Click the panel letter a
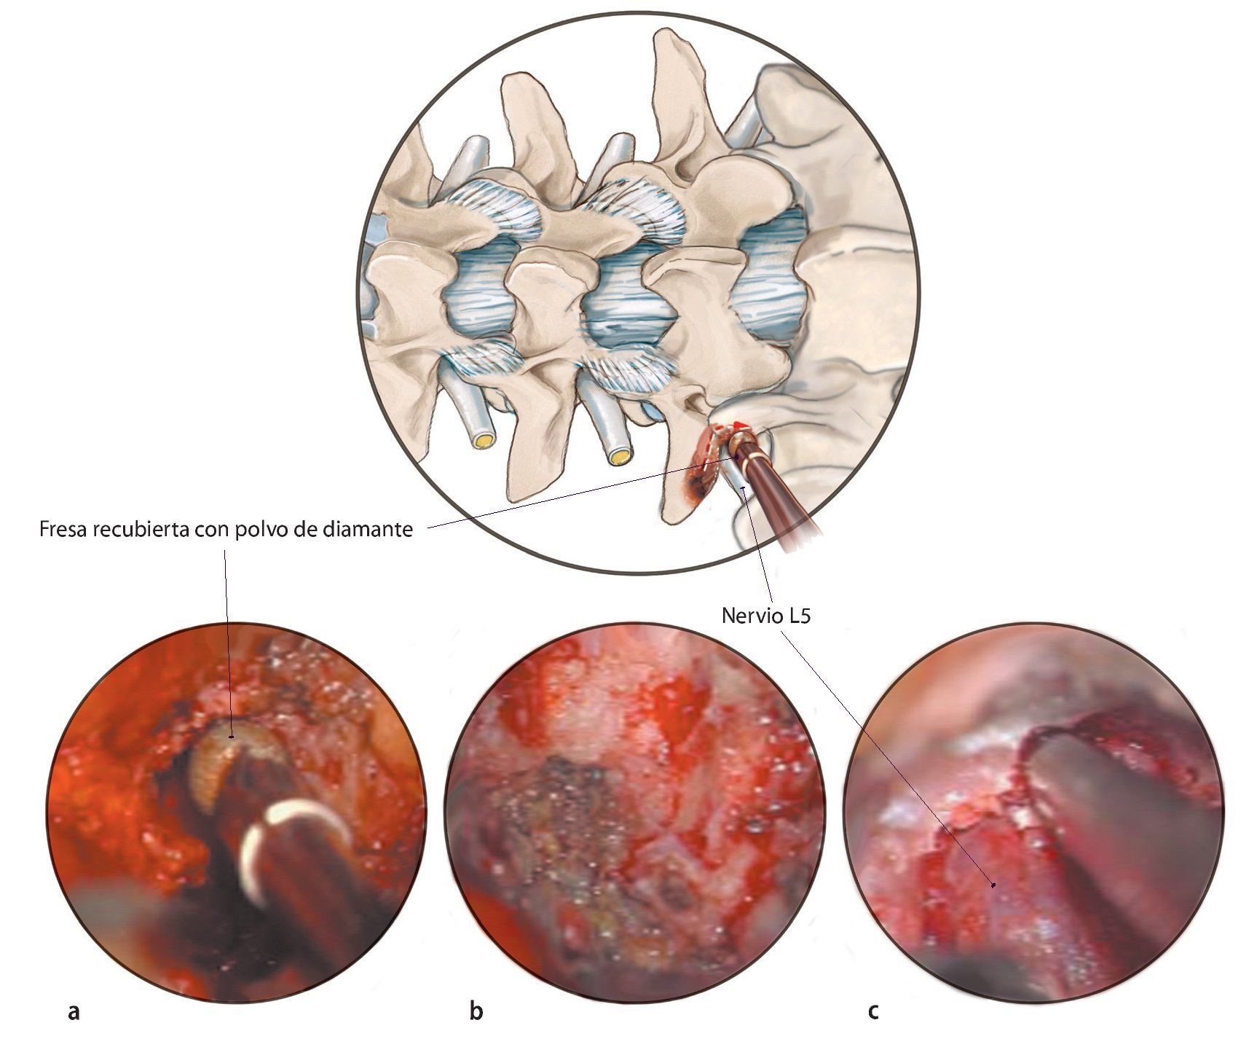[74, 1012]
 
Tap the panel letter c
[873, 1012]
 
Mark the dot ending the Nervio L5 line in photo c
[993, 885]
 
